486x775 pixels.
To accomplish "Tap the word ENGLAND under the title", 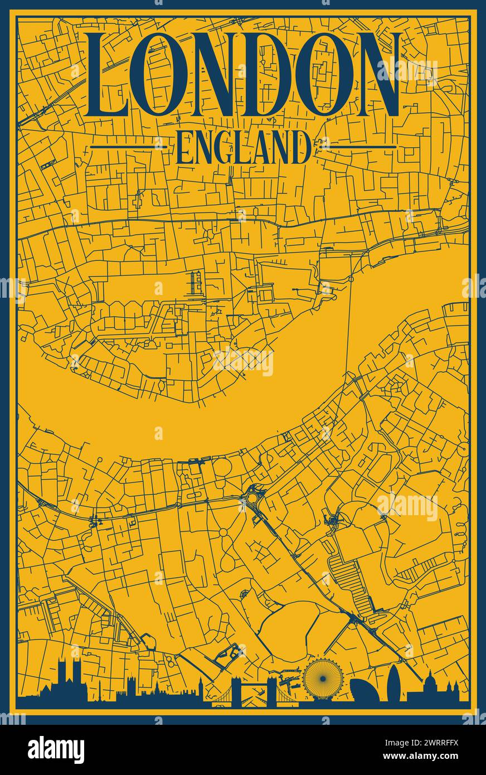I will [x=243, y=148].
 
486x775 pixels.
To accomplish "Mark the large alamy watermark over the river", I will [x=243, y=362].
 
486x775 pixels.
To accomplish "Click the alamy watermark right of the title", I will [x=407, y=71].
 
